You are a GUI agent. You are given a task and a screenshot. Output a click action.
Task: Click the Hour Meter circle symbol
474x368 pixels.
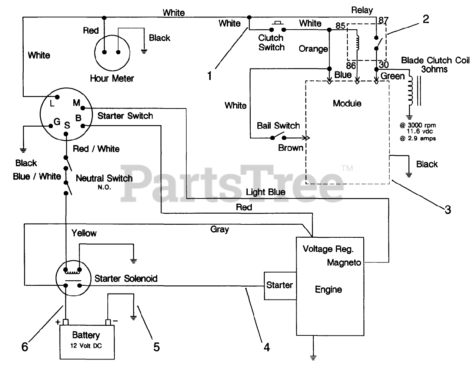click(x=112, y=52)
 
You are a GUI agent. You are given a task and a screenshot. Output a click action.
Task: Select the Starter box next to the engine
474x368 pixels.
click(x=280, y=285)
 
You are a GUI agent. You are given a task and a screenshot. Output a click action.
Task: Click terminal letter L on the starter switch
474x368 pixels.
click(x=52, y=104)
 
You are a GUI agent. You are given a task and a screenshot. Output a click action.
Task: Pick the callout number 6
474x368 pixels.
click(x=25, y=347)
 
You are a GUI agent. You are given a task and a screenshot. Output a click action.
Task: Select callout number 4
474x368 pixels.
click(x=267, y=347)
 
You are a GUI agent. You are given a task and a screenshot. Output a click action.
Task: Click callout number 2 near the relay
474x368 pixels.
click(x=426, y=19)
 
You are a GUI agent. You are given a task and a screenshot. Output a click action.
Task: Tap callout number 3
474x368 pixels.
click(x=448, y=210)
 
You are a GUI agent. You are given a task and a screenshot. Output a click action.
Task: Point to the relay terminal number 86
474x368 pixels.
click(x=351, y=66)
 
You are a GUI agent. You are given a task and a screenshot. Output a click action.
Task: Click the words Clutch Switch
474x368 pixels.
click(x=271, y=43)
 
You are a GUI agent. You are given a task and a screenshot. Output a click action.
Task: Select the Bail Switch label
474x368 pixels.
click(x=278, y=126)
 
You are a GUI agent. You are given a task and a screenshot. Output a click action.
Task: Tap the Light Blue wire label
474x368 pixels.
click(x=266, y=192)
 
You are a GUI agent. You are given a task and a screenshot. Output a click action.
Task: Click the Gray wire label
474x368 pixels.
click(x=220, y=229)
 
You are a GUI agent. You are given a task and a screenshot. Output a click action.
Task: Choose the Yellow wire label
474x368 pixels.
click(x=84, y=233)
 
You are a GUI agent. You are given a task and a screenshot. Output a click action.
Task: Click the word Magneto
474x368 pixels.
click(x=344, y=262)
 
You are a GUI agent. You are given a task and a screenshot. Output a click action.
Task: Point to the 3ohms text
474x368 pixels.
click(x=434, y=69)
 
